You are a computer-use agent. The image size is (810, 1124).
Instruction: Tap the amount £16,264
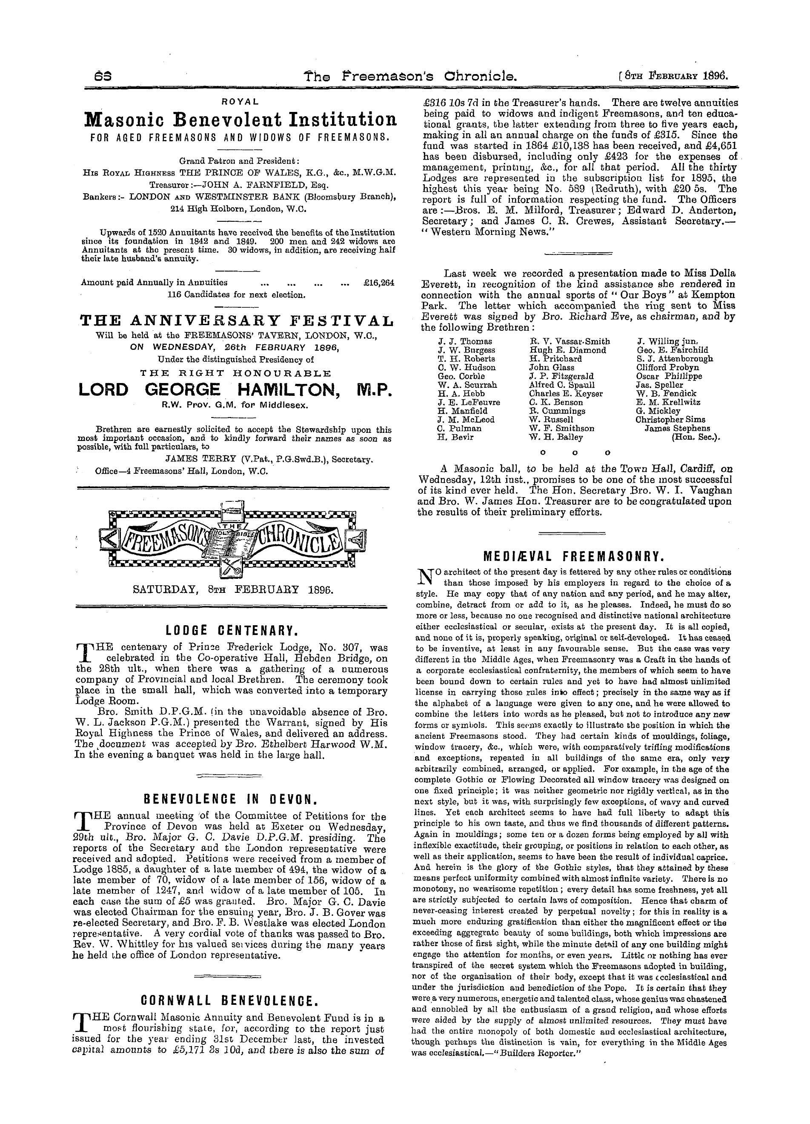(379, 283)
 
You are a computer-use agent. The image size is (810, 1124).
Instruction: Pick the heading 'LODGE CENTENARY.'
(231, 632)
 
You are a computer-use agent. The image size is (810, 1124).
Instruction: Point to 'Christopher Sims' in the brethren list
(666, 420)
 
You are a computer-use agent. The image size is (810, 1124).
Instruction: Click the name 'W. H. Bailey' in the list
(556, 437)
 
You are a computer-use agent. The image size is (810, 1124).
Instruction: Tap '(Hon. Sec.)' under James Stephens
(696, 438)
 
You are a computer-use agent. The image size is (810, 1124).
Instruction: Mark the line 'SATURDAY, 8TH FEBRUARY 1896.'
(233, 590)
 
